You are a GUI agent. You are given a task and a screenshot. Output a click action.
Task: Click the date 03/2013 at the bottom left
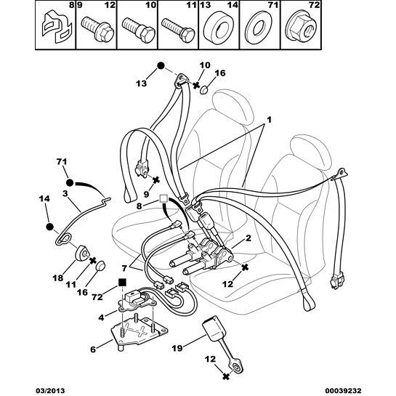pyautogui.click(x=50, y=390)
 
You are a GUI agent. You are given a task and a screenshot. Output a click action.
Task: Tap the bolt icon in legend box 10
pyautogui.click(x=138, y=31)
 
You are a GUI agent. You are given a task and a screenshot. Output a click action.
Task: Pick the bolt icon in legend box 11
pyautogui.click(x=178, y=31)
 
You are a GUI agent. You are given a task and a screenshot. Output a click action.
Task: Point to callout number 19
pyautogui.click(x=177, y=349)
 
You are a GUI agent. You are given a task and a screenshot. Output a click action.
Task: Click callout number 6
pyautogui.click(x=93, y=349)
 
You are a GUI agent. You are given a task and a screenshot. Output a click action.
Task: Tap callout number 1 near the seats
pyautogui.click(x=270, y=119)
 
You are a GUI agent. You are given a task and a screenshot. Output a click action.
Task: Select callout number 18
pyautogui.click(x=58, y=278)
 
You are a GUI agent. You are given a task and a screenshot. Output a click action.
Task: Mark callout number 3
pyautogui.click(x=65, y=194)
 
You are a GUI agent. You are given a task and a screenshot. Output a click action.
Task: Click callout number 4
pyautogui.click(x=101, y=318)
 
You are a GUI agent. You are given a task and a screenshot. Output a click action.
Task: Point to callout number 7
pyautogui.click(x=124, y=268)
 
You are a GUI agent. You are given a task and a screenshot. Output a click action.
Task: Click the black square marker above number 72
pyautogui.click(x=122, y=282)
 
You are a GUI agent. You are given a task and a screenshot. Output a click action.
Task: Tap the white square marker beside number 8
pyautogui.click(x=163, y=198)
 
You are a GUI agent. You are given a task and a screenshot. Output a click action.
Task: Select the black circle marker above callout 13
pyautogui.click(x=161, y=65)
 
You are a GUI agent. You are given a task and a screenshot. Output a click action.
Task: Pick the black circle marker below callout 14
pyautogui.click(x=49, y=227)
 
